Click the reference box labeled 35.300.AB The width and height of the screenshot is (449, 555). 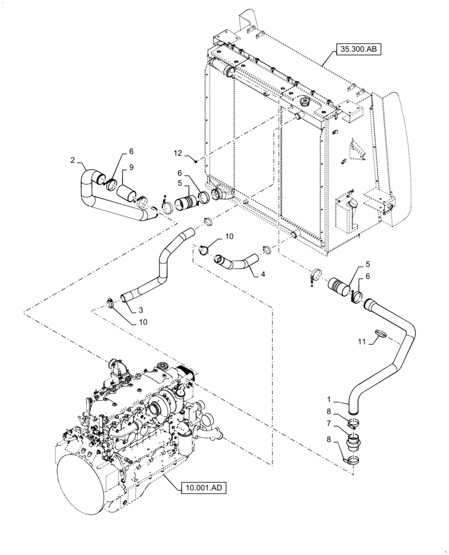[359, 49]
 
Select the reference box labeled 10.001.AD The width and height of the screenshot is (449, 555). [204, 488]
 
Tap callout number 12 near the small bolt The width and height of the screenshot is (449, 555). [177, 153]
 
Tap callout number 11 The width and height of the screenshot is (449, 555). [361, 342]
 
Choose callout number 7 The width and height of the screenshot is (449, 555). [330, 423]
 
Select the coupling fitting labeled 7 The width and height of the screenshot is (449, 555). [354, 443]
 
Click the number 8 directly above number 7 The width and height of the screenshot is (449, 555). [330, 412]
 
